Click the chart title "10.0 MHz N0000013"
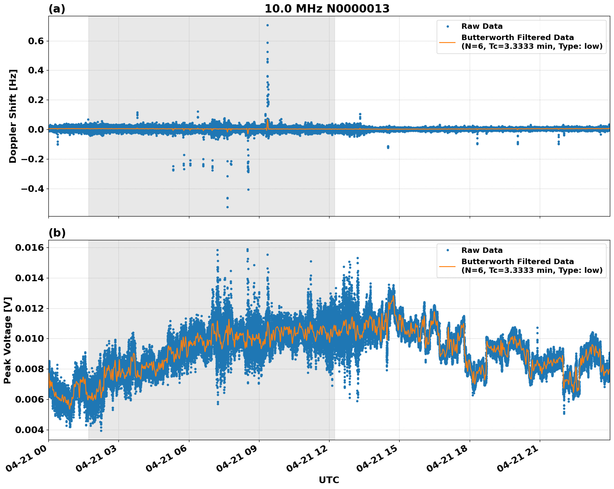pos(327,9)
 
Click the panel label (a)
pos(57,9)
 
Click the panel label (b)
pos(57,233)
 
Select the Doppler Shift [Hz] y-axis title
pos(13,116)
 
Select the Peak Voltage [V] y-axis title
pos(8,340)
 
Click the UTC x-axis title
pos(329,480)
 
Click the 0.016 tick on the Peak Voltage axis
pos(30,248)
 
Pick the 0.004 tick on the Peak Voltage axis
pos(30,430)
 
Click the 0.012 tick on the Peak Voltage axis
pos(30,308)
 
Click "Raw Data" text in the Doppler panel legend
pos(482,27)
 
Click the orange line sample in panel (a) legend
pos(448,42)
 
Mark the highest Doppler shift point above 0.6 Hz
pos(267,25)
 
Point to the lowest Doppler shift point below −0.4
pos(227,207)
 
